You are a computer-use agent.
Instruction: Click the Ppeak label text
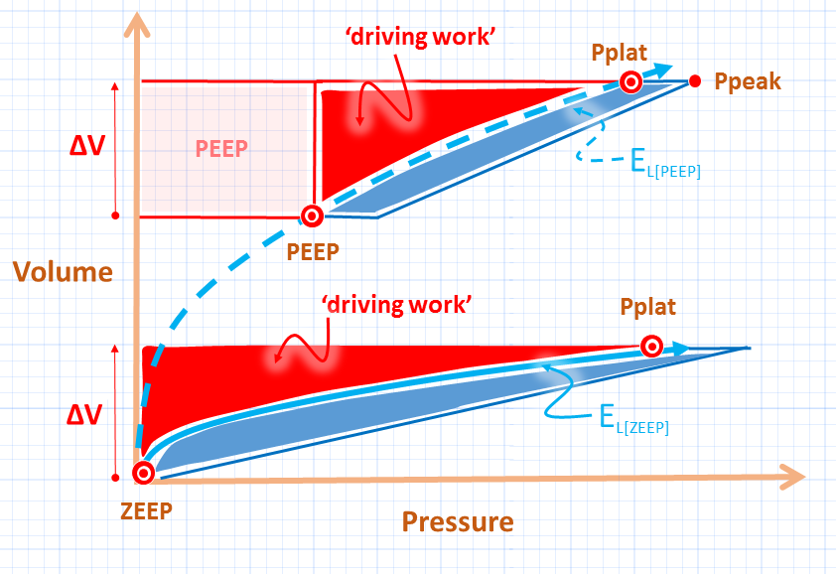click(748, 81)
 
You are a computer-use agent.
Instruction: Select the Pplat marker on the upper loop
click(629, 81)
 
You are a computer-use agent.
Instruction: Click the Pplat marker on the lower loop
click(651, 346)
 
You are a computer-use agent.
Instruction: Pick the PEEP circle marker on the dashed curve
click(312, 215)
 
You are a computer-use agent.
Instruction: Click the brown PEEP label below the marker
click(313, 251)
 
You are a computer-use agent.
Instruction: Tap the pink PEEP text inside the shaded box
click(221, 148)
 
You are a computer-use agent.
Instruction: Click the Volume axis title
click(62, 271)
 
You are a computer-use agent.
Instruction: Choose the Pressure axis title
click(458, 521)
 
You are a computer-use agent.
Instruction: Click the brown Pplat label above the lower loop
click(648, 308)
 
